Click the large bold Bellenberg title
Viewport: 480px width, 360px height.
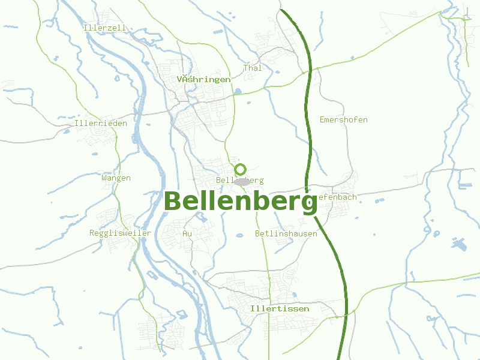[x=240, y=202]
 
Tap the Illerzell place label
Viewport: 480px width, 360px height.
[x=105, y=28]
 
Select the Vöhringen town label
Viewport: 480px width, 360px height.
[x=204, y=79]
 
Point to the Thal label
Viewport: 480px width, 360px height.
[x=253, y=68]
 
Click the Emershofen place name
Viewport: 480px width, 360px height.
[x=343, y=119]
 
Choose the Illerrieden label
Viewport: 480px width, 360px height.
[x=101, y=123]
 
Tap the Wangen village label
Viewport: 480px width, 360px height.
[x=116, y=178]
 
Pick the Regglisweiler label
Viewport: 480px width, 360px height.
[x=120, y=233]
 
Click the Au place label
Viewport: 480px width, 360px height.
[x=187, y=233]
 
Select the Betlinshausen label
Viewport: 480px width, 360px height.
[x=286, y=233]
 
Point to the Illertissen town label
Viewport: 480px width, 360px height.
[x=280, y=308]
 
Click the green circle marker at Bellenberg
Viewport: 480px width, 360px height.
[x=241, y=169]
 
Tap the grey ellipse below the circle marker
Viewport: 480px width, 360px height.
[x=242, y=181]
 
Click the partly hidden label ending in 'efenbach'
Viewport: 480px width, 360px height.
[x=337, y=197]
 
